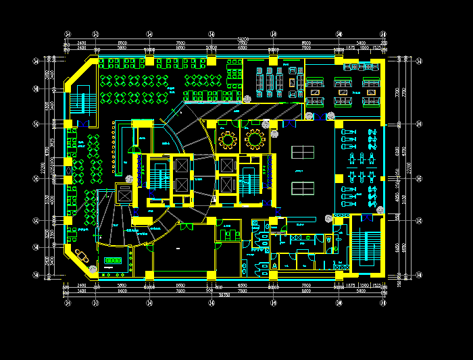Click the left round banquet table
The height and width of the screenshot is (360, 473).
[x=228, y=140]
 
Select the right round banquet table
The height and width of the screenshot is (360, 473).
[x=255, y=140]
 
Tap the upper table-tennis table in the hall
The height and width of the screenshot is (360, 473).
[x=302, y=152]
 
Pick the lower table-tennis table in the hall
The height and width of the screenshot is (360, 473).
[x=302, y=188]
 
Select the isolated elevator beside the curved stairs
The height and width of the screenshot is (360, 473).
[x=125, y=194]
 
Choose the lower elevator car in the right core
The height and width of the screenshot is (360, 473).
[x=227, y=184]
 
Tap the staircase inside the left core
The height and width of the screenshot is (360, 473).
[x=160, y=177]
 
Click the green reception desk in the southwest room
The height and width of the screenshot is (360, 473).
[x=111, y=260]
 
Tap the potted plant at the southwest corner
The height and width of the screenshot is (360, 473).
[x=92, y=269]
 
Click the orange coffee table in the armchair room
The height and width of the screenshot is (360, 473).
[x=292, y=82]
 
